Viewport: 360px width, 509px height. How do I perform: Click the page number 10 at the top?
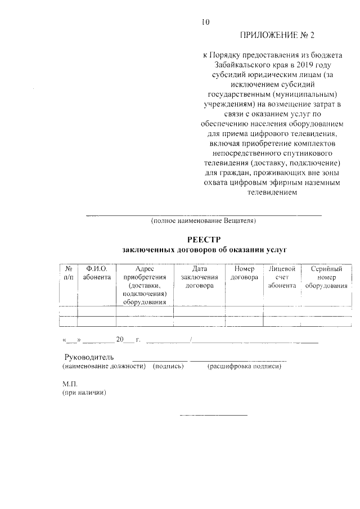click(205, 22)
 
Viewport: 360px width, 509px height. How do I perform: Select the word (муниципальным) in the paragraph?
click(305, 94)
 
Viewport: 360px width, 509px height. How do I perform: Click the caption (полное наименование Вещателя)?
click(203, 220)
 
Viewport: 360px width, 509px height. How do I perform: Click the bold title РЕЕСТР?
click(203, 240)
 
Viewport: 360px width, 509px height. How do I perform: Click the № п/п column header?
click(68, 273)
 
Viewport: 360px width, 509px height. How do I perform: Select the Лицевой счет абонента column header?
click(282, 277)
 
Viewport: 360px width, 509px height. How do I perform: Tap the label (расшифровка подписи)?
click(244, 367)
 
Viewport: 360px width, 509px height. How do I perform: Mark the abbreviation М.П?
click(69, 384)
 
